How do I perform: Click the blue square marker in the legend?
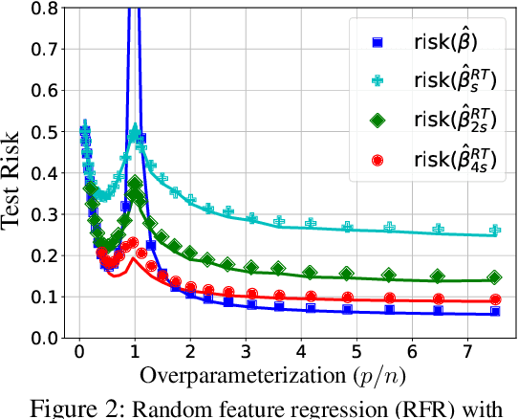[376, 42]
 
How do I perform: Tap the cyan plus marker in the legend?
[376, 81]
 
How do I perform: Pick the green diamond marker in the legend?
[376, 121]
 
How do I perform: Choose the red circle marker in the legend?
[376, 160]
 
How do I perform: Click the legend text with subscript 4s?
[446, 160]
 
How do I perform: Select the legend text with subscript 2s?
[446, 121]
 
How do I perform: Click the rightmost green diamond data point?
[494, 277]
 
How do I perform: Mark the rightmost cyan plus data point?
[494, 230]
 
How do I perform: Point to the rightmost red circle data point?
[494, 299]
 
